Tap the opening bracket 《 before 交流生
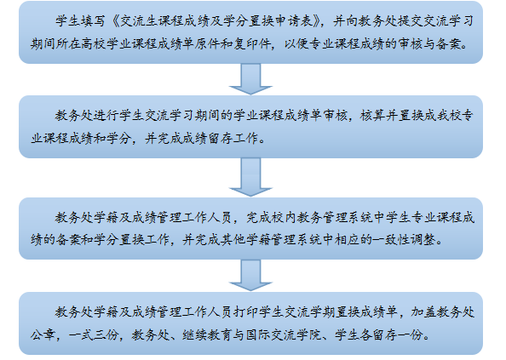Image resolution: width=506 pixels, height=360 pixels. (x=115, y=21)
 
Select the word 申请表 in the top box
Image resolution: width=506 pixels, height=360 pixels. (x=293, y=21)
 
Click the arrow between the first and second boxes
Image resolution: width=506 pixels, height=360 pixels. (x=250, y=79)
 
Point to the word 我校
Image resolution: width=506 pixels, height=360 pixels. (x=449, y=116)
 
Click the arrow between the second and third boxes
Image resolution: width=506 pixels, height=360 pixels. (x=250, y=177)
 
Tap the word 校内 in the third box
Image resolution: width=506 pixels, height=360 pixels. (x=284, y=218)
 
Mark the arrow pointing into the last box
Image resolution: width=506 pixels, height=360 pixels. (x=250, y=275)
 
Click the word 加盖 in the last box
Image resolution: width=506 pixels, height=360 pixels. (x=423, y=312)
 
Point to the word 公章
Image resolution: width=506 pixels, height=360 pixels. (x=43, y=334)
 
